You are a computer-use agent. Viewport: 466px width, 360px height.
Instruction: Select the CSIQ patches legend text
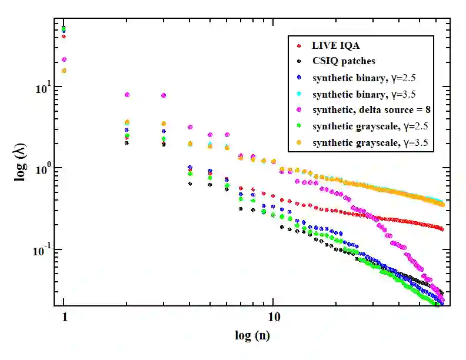pyautogui.click(x=344, y=61)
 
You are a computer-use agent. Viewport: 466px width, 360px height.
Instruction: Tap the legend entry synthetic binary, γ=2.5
pyautogui.click(x=365, y=77)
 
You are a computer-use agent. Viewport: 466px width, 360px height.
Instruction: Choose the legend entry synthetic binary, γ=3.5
pyautogui.click(x=365, y=94)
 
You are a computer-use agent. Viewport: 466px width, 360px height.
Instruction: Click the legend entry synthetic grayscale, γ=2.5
pyautogui.click(x=370, y=126)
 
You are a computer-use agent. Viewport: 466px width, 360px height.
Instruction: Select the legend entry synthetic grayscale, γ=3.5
pyautogui.click(x=370, y=142)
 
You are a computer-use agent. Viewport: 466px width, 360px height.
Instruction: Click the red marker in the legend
pyautogui.click(x=299, y=45)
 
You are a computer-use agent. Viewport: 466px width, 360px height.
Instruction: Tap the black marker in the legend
pyautogui.click(x=299, y=61)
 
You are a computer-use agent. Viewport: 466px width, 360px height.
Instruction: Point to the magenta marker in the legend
pyautogui.click(x=299, y=110)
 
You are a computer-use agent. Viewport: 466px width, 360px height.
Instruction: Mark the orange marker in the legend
pyautogui.click(x=299, y=142)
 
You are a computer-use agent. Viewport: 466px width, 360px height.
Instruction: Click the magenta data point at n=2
pyautogui.click(x=127, y=95)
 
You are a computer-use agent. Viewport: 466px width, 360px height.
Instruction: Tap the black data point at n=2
pyautogui.click(x=127, y=143)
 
